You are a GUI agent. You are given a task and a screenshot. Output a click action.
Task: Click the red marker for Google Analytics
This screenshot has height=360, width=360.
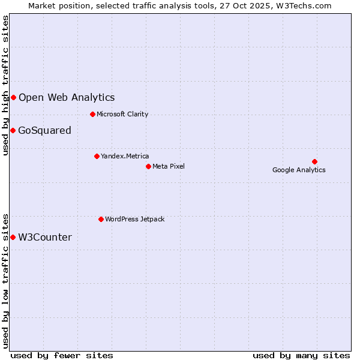(x=314, y=161)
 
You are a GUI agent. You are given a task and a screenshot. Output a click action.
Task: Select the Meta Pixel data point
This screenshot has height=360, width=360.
(x=148, y=166)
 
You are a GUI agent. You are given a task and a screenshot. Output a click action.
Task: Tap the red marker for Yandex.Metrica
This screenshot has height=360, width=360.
(x=97, y=156)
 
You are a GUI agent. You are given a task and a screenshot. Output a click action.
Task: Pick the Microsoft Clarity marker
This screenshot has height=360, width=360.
(x=92, y=114)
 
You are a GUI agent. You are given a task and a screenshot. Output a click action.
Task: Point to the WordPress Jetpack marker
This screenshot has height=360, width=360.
(x=101, y=219)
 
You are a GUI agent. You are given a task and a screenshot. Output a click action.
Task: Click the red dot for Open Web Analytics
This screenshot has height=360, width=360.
(x=13, y=97)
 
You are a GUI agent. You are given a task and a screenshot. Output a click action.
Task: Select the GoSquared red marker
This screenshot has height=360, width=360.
(x=13, y=130)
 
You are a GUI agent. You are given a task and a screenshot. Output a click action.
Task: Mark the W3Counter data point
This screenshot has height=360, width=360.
(x=13, y=237)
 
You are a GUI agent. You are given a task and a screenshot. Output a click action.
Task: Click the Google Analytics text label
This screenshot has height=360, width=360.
(x=299, y=170)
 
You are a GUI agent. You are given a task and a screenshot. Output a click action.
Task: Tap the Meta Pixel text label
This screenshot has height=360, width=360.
(x=169, y=166)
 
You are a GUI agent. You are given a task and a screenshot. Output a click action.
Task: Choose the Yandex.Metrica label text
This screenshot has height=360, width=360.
(x=125, y=156)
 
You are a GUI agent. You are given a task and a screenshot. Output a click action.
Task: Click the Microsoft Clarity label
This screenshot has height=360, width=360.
(x=122, y=114)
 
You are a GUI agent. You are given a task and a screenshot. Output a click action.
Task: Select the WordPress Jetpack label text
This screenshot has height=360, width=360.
(x=134, y=219)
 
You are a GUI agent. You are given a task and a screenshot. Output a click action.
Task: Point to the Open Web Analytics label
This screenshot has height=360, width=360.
(x=67, y=97)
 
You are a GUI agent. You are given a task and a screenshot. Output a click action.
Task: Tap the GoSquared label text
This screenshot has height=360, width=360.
(x=45, y=130)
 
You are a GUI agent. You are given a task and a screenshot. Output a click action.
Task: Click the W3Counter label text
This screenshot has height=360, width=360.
(x=45, y=237)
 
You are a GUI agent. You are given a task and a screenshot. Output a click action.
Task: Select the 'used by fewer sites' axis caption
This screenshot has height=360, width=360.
(x=62, y=355)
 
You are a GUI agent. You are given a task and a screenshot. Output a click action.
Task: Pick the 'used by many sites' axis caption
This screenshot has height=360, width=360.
(x=301, y=355)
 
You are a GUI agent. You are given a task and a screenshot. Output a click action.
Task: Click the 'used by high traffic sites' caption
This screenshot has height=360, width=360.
(x=6, y=86)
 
